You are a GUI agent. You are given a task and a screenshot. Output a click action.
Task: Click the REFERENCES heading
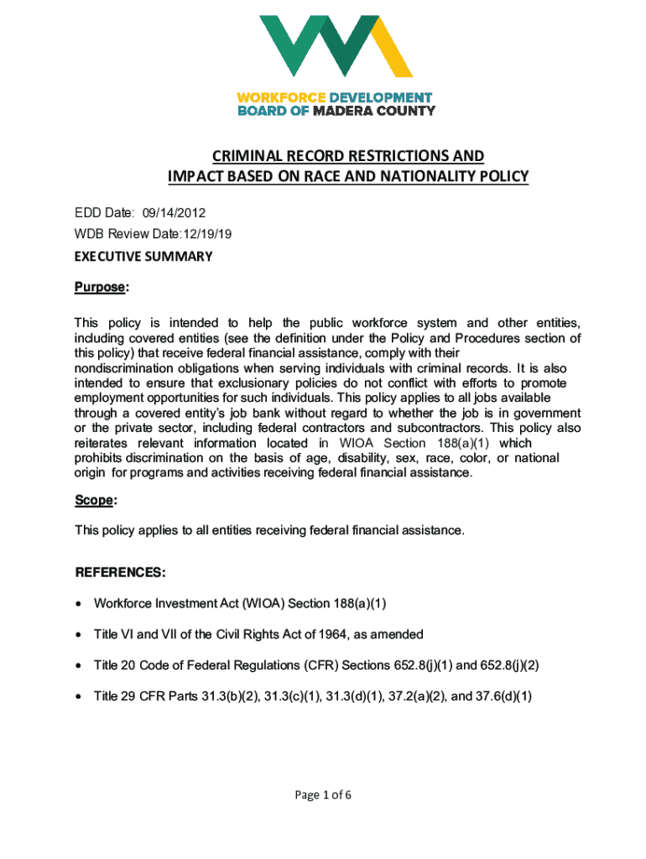[x=120, y=573]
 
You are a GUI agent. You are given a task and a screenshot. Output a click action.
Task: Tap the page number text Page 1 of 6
[x=322, y=796]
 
